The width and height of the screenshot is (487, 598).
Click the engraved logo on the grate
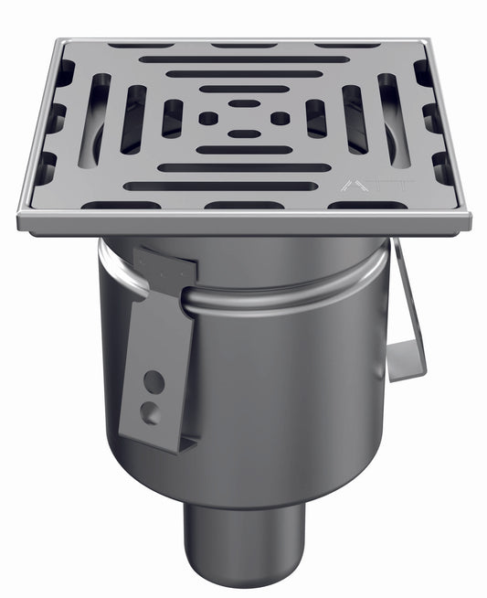(361, 185)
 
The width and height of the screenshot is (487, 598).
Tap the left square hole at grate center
(208, 119)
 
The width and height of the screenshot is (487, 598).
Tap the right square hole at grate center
(281, 118)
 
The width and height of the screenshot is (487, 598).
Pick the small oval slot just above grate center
(243, 103)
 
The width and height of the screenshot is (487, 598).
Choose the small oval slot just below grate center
(244, 134)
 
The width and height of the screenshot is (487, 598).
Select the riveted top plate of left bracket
(164, 264)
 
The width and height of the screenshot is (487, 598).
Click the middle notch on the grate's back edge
(244, 45)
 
